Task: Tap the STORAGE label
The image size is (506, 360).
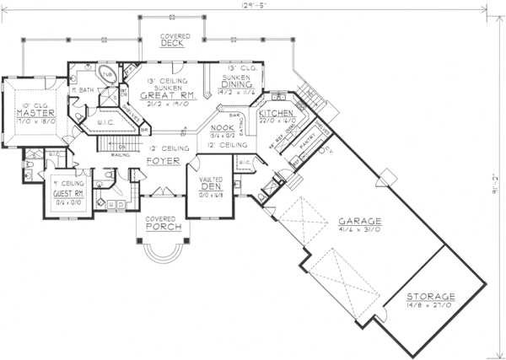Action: tap(431, 297)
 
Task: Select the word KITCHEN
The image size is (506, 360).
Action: tap(276, 113)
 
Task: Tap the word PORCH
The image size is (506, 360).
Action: tap(159, 227)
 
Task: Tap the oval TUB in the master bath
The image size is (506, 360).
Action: tap(108, 74)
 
